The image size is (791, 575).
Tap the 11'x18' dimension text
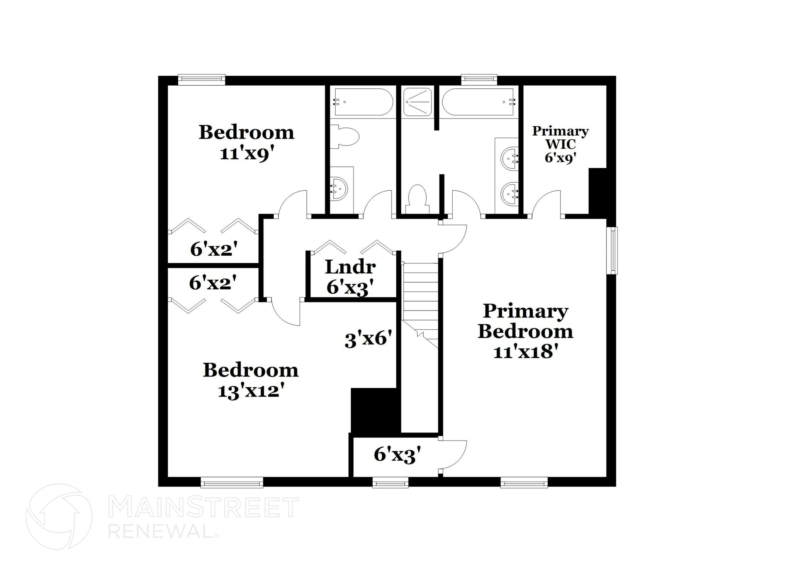526,352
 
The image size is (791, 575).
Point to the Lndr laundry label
350,267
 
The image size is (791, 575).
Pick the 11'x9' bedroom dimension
247,154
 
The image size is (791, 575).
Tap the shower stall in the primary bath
417,102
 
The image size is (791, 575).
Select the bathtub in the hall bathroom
363,102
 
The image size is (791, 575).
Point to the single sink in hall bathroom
339,189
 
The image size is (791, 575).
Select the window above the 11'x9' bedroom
201,80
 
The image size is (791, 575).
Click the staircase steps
420,293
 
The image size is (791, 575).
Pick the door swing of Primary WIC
547,203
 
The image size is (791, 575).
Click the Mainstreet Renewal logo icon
59,516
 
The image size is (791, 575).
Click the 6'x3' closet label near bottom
397,455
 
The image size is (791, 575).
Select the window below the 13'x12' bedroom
232,482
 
